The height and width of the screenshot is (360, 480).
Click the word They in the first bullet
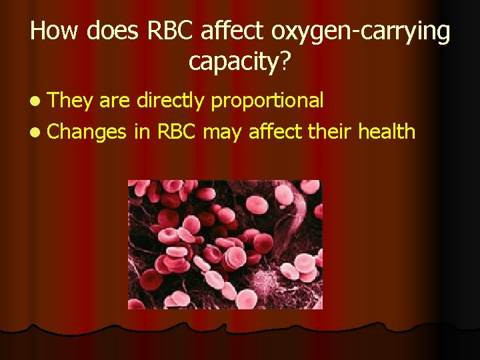(71, 101)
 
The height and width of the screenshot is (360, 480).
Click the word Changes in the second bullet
(87, 133)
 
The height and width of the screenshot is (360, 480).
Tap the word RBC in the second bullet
(177, 131)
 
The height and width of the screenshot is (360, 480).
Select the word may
(223, 133)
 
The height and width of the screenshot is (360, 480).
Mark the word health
(387, 131)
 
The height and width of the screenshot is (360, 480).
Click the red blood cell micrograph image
(225, 245)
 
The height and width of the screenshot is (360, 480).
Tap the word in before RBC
(141, 131)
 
